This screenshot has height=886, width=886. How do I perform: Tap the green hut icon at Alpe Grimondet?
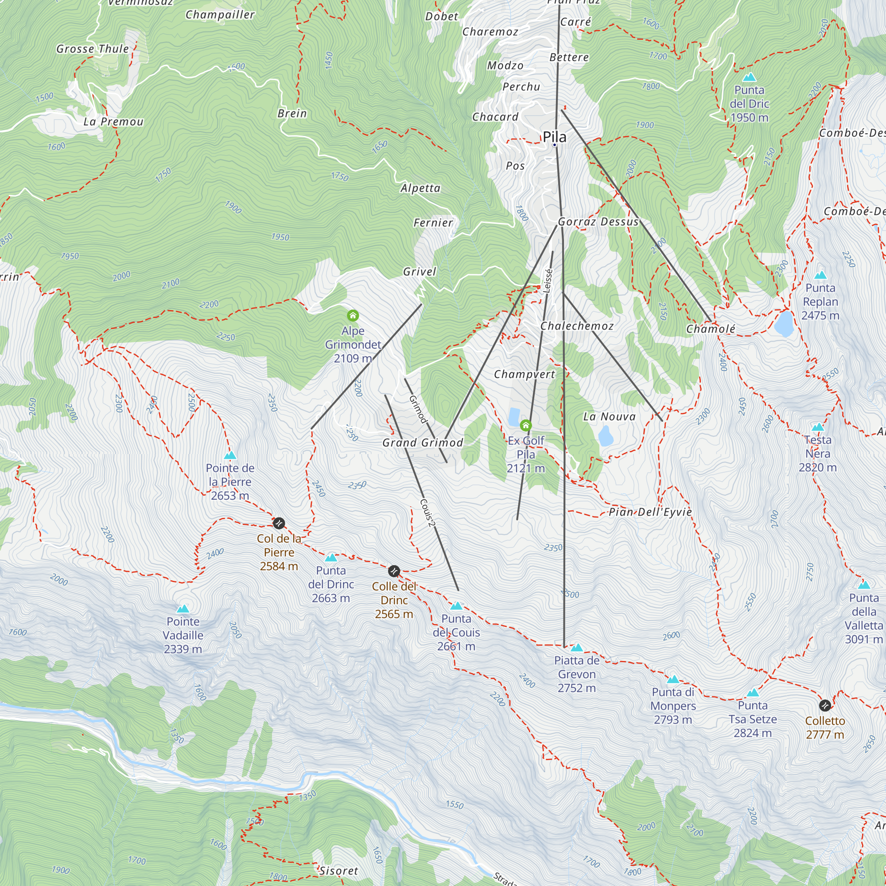click(353, 315)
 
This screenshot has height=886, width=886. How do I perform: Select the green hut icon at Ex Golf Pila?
click(525, 426)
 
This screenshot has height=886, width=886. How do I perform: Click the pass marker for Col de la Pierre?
click(279, 523)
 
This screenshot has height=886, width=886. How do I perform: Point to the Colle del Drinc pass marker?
click(394, 571)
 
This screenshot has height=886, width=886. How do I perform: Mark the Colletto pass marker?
click(825, 705)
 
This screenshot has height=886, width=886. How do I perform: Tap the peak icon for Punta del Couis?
click(456, 606)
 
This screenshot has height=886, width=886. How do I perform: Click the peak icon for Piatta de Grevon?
click(577, 648)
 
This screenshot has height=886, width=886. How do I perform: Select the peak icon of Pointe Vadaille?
click(183, 609)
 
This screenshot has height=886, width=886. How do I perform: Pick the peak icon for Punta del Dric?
click(750, 77)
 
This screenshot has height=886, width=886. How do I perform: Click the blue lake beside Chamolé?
click(784, 323)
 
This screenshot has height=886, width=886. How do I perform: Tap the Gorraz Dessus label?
click(598, 222)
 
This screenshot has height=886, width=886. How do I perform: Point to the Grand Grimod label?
click(423, 443)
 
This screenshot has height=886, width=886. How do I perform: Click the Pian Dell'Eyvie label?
click(650, 512)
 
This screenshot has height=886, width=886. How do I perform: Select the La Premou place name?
click(113, 122)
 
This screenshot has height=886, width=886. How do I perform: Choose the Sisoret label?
click(339, 870)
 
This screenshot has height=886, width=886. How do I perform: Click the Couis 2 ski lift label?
click(427, 513)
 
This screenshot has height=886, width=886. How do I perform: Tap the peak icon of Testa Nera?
click(818, 427)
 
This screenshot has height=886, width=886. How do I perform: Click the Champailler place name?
click(220, 15)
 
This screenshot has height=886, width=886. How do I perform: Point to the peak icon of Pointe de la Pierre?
click(230, 455)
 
